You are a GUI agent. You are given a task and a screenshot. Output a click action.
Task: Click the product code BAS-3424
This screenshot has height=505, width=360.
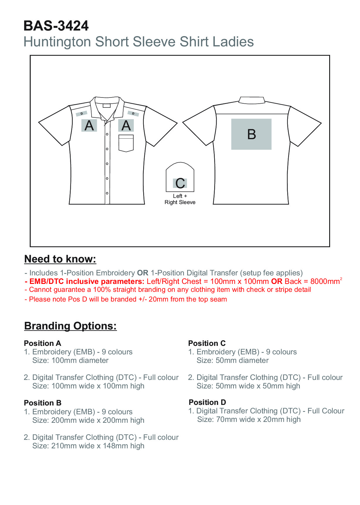56,26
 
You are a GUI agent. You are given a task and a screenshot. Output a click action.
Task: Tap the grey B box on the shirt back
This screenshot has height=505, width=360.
251,134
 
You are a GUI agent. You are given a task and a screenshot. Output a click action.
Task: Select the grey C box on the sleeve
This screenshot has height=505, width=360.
180,183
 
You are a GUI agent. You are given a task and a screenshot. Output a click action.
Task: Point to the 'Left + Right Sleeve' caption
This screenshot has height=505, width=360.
180,199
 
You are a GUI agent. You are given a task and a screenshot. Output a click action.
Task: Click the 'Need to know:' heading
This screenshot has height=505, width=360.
60,259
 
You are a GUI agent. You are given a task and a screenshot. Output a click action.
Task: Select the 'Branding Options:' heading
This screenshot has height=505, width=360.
70,326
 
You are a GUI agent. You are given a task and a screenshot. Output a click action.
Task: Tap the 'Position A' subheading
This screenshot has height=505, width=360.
43,343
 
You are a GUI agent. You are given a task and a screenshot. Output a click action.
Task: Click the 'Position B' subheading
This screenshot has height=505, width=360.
43,403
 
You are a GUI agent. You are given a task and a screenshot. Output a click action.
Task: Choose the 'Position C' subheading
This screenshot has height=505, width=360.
207,343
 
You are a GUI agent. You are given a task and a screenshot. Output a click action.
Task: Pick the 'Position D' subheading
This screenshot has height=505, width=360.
207,402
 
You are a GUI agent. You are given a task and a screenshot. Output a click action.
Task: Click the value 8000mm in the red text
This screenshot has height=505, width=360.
324,282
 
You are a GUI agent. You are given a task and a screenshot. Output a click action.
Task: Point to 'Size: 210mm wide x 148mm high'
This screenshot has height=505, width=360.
88,446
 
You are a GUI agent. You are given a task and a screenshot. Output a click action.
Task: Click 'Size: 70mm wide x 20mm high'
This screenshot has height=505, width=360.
249,419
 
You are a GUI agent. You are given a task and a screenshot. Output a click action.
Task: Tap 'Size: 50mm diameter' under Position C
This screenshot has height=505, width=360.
232,360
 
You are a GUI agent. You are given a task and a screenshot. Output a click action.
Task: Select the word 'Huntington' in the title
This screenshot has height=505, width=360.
58,42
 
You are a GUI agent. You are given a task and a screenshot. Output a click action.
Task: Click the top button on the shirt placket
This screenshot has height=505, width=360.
107,134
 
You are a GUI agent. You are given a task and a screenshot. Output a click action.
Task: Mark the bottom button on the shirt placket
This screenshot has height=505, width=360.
107,193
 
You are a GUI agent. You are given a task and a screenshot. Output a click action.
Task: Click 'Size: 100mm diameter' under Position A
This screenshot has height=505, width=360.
70,360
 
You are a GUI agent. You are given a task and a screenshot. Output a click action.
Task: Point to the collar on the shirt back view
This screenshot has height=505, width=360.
251,100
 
